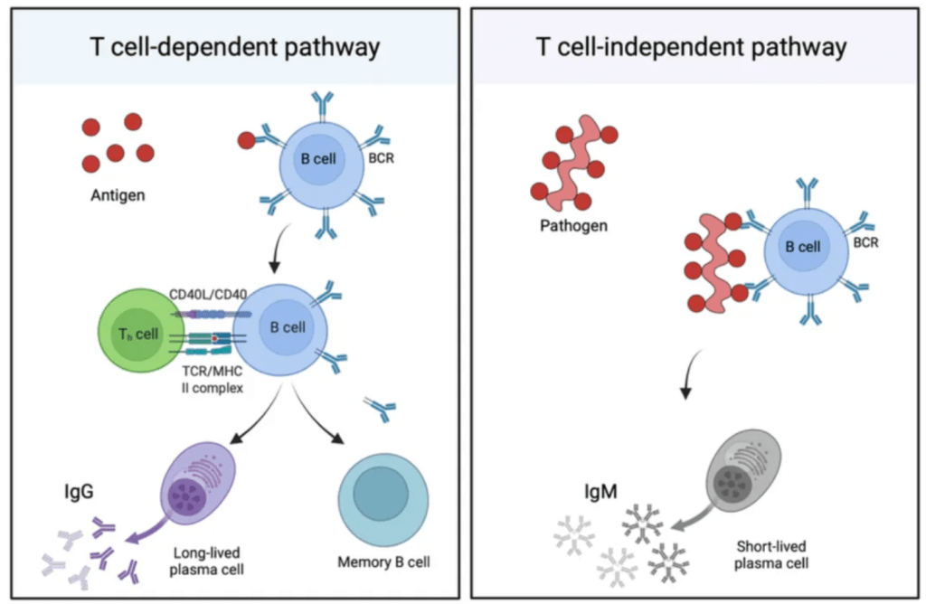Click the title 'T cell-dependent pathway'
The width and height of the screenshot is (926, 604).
[233, 47]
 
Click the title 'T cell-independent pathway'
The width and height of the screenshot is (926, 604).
[692, 47]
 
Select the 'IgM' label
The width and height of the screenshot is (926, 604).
[601, 494]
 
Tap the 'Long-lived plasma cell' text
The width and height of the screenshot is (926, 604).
[205, 562]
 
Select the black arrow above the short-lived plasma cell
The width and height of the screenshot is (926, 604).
[687, 378]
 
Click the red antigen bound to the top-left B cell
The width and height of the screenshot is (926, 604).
[246, 140]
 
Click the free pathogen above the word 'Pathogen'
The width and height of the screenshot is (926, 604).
[572, 163]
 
